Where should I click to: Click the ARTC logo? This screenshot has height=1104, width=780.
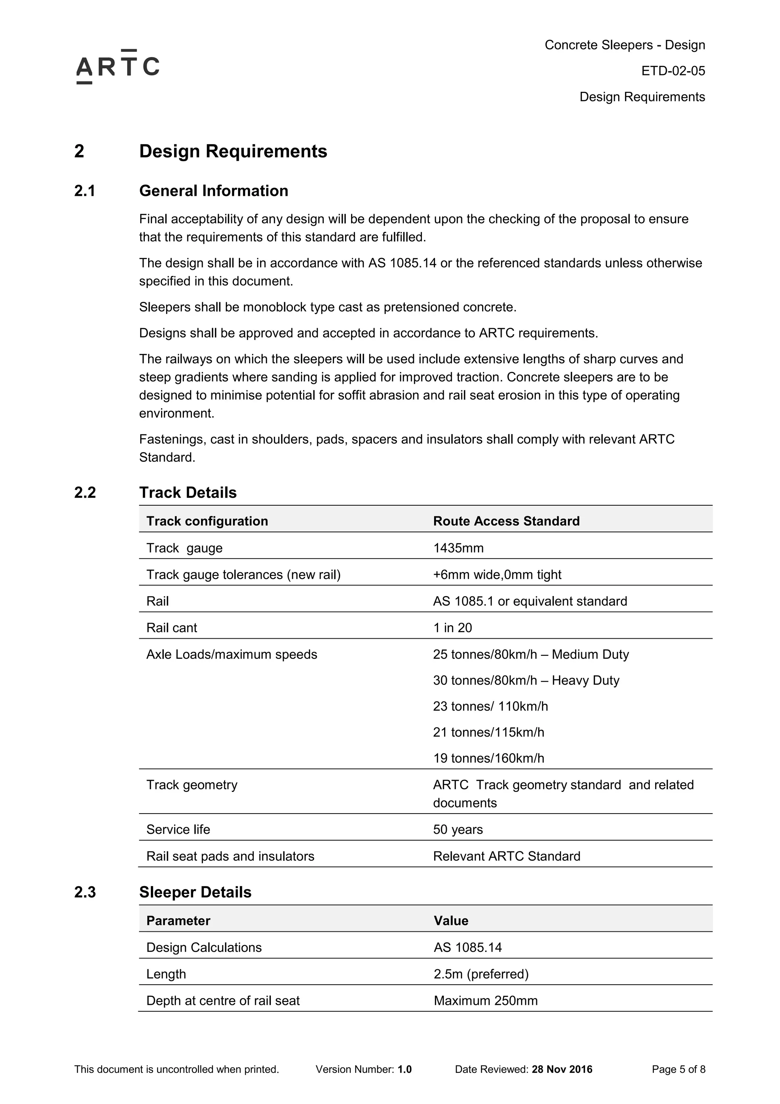[118, 67]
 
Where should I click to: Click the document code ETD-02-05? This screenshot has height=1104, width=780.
[673, 71]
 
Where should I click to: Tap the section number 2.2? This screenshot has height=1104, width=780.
[85, 492]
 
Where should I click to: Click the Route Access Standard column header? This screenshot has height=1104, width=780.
[506, 521]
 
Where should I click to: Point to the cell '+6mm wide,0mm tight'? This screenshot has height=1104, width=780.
[497, 575]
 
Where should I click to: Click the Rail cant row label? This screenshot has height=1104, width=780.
[171, 628]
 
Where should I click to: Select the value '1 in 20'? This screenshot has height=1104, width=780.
[452, 628]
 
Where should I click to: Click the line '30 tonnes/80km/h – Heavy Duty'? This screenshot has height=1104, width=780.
[526, 680]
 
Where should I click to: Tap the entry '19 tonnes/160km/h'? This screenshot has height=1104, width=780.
[488, 758]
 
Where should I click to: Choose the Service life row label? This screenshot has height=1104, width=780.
[178, 830]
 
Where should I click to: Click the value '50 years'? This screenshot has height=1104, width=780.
[457, 830]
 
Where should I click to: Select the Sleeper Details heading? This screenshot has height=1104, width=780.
[195, 892]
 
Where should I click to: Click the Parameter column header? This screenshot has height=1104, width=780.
[178, 921]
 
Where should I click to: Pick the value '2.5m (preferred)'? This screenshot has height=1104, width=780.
[481, 974]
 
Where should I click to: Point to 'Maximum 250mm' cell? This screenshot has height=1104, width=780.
[485, 1001]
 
